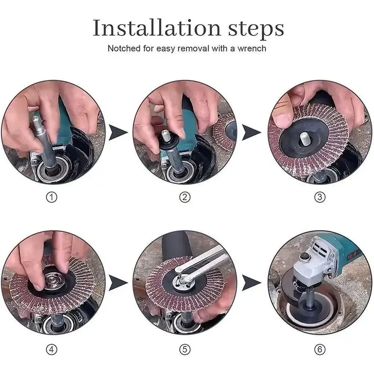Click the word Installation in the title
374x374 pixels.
pos(157,28)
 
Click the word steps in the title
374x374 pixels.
pos(256,29)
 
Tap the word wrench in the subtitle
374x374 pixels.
pos(252,49)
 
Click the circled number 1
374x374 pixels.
pos(51,197)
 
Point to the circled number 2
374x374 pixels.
pos(185,197)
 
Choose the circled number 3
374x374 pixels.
pos(320,197)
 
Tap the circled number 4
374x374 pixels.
pos(51,350)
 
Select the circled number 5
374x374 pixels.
pos(185,350)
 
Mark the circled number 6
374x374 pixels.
pos(320,350)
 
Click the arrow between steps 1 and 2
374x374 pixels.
pos(117,132)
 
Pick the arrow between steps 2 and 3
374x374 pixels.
pos(251,132)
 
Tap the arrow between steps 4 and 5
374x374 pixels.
pos(117,283)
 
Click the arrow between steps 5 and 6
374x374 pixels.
pos(251,283)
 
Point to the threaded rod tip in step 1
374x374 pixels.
pos(36,121)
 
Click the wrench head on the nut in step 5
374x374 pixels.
pos(184,279)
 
